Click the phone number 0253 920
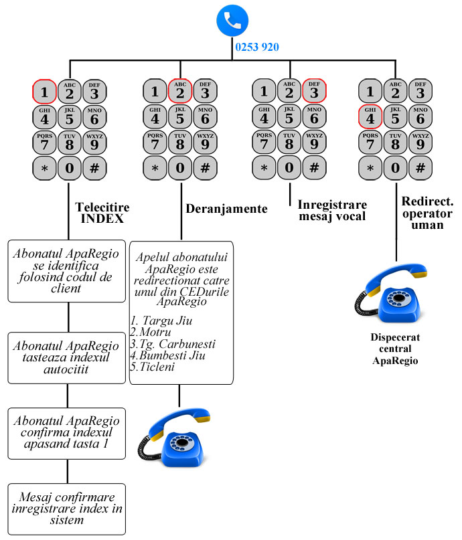point(257,48)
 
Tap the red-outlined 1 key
point(45,91)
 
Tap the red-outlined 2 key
point(179,91)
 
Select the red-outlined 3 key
point(314,91)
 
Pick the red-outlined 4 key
point(370,118)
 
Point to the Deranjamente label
point(226,209)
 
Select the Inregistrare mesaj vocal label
point(332,210)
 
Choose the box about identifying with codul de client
point(68,270)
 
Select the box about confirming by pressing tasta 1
point(68,433)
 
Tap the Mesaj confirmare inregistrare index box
point(68,509)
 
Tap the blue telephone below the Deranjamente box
point(176,439)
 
